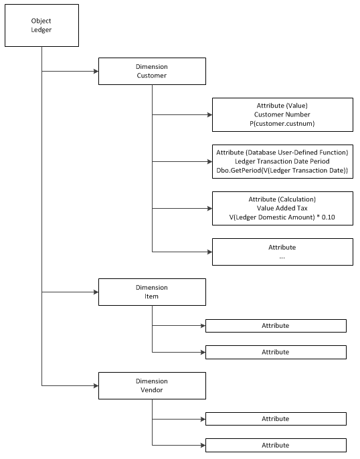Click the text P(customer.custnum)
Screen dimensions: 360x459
point(282,124)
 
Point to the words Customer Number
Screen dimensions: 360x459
point(282,114)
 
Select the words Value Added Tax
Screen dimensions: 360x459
point(282,208)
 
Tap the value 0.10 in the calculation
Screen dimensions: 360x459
point(329,217)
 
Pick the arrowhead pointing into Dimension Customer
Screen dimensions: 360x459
point(96,71)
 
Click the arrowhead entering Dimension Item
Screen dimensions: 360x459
point(96,292)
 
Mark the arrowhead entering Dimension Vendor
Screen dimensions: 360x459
point(96,385)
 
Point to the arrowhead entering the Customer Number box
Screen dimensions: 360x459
point(209,115)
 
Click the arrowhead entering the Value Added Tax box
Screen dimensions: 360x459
point(209,209)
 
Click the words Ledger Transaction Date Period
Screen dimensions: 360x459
point(282,161)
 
